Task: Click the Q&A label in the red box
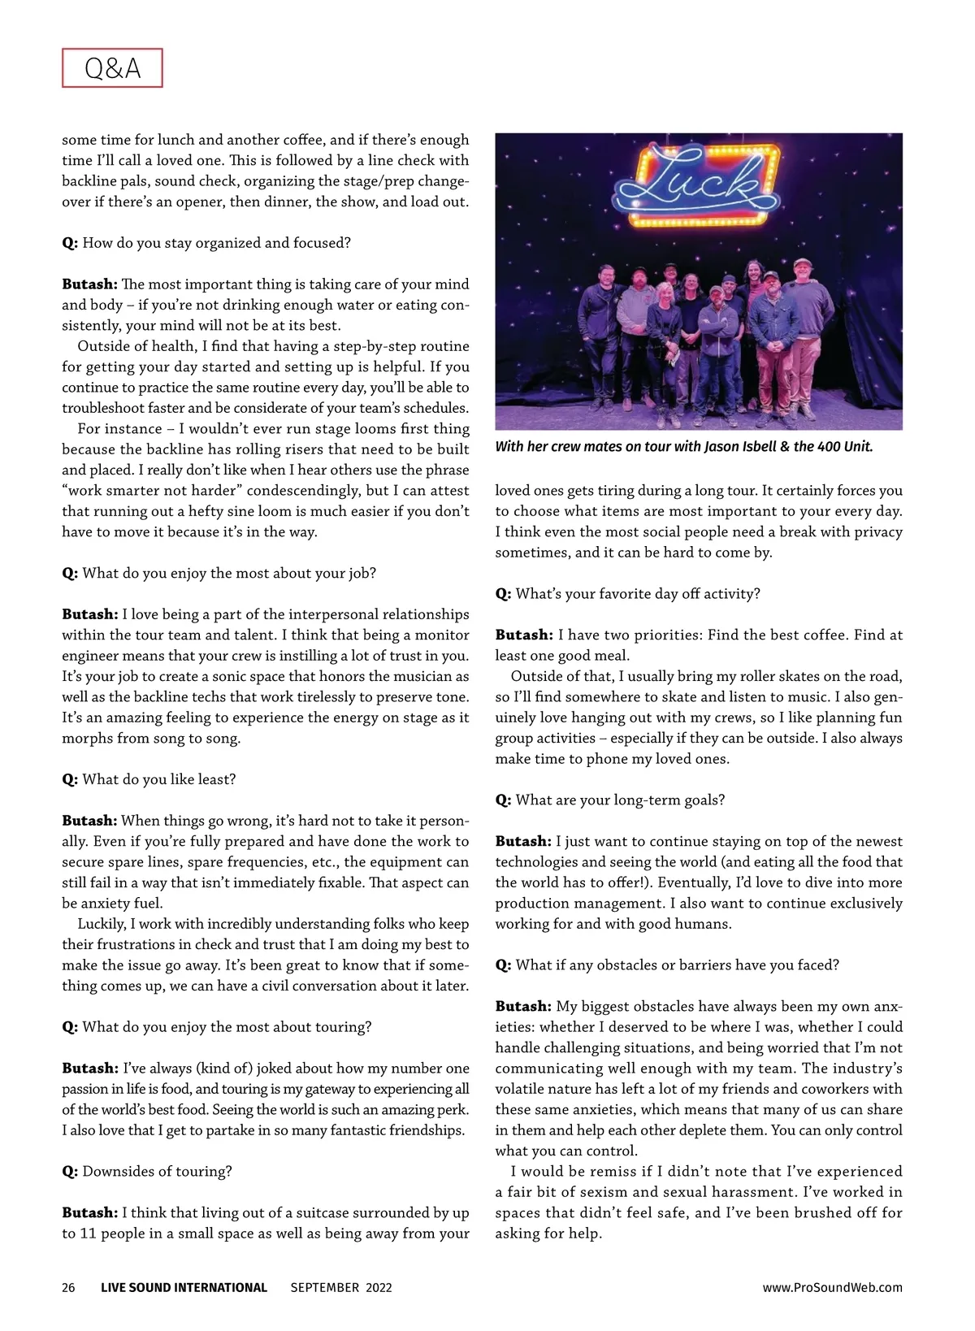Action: pyautogui.click(x=112, y=68)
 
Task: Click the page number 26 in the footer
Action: pyautogui.click(x=68, y=1287)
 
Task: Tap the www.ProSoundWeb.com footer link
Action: pyautogui.click(x=832, y=1287)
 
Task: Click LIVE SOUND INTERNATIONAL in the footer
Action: pyautogui.click(x=184, y=1287)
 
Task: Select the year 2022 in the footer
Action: pyautogui.click(x=379, y=1287)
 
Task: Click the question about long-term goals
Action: pyautogui.click(x=620, y=800)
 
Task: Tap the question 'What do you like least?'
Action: pyautogui.click(x=158, y=779)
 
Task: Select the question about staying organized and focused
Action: pyautogui.click(x=216, y=242)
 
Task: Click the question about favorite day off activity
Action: pyautogui.click(x=638, y=593)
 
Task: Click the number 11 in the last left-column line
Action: pyautogui.click(x=89, y=1233)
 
